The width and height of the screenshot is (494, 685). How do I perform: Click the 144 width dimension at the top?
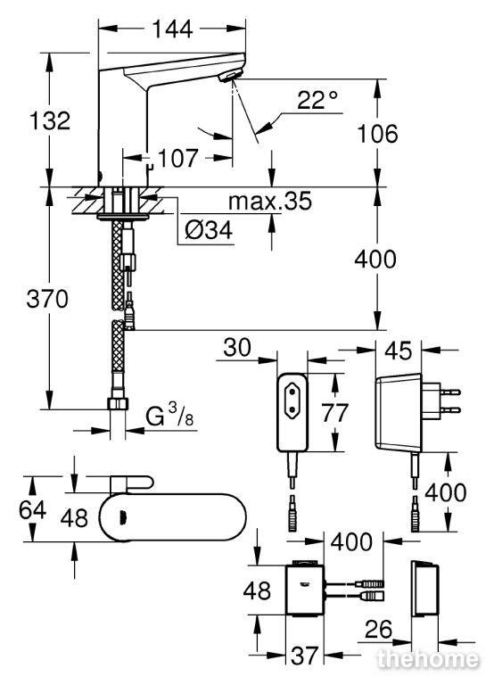[x=172, y=29]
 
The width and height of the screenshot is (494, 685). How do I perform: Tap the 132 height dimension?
[x=49, y=120]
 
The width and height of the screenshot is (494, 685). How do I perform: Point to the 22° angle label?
[x=317, y=100]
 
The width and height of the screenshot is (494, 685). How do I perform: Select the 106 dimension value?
[x=377, y=133]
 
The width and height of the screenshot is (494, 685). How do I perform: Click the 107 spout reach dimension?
[x=178, y=158]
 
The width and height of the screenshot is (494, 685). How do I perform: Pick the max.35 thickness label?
[x=270, y=201]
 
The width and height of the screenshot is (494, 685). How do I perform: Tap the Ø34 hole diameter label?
[x=209, y=230]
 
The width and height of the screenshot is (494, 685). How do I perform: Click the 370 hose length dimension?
[x=47, y=300]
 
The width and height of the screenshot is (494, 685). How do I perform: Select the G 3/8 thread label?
[x=169, y=415]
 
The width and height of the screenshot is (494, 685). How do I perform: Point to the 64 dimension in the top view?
[x=32, y=509]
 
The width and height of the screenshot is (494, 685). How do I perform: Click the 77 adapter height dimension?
[x=335, y=412]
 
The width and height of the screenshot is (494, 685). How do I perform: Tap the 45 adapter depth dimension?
[x=399, y=351]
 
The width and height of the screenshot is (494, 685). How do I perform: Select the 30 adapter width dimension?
[x=237, y=347]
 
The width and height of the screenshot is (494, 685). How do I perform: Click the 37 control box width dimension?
[x=304, y=656]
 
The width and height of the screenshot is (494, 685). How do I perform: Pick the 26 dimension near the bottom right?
[x=378, y=629]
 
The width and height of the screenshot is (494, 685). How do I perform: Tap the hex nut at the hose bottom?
[x=118, y=403]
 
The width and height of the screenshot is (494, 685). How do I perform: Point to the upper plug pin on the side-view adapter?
[x=450, y=392]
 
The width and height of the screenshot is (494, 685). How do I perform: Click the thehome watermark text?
[x=427, y=660]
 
